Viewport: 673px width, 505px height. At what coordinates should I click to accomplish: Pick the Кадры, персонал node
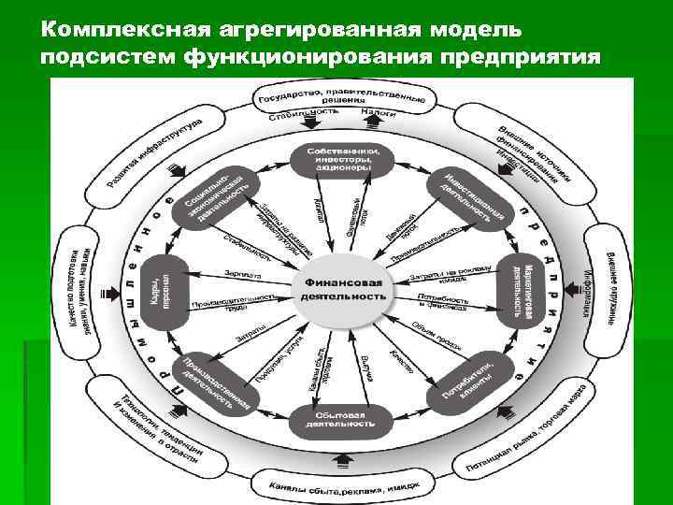tap(161, 290)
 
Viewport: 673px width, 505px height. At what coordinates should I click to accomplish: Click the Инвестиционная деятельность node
tap(466, 198)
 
